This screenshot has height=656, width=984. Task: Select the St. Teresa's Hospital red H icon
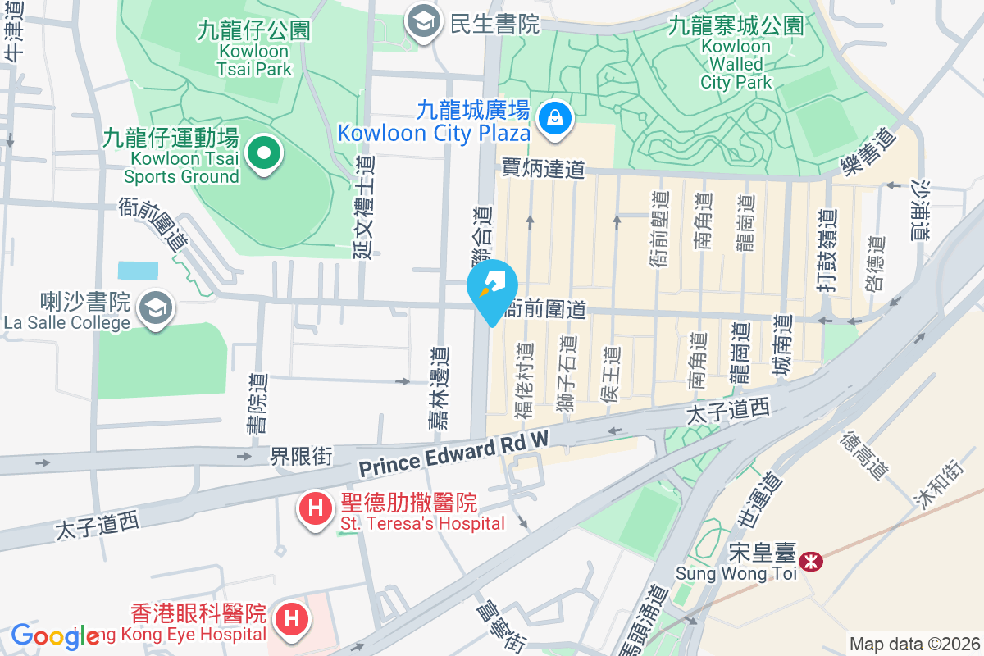pos(314,508)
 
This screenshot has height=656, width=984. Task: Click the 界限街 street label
pos(302,457)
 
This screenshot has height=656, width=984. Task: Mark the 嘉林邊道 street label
pos(440,387)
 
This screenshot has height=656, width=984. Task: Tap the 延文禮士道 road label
pos(364,207)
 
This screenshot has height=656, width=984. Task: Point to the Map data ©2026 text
pos(913,644)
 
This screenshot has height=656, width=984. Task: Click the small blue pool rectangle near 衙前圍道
pos(134,271)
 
